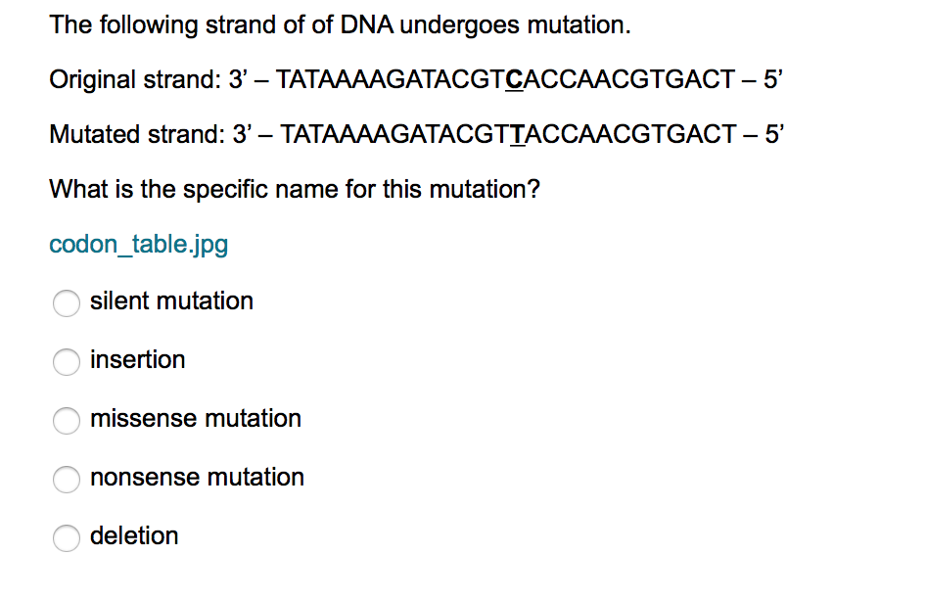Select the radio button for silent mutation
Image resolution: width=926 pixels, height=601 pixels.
[67, 302]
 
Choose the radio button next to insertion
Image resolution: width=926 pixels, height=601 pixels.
[67, 361]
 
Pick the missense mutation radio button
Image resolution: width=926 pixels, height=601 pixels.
[67, 420]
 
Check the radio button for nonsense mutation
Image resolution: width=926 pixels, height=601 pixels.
[67, 479]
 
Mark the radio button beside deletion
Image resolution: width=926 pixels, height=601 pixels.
[67, 537]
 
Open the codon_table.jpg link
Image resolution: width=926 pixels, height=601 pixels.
[139, 245]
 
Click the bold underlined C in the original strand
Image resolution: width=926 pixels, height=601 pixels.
[514, 79]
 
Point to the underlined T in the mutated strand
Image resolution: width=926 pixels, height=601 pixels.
[518, 135]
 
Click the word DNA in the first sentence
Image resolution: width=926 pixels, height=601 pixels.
[366, 24]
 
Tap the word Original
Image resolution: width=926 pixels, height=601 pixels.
[92, 80]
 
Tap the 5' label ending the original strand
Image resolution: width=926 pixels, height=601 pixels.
[773, 79]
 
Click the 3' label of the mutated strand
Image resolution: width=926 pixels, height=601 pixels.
[242, 135]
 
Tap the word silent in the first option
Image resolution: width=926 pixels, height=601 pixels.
[118, 301]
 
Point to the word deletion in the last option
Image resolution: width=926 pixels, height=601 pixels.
[134, 536]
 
